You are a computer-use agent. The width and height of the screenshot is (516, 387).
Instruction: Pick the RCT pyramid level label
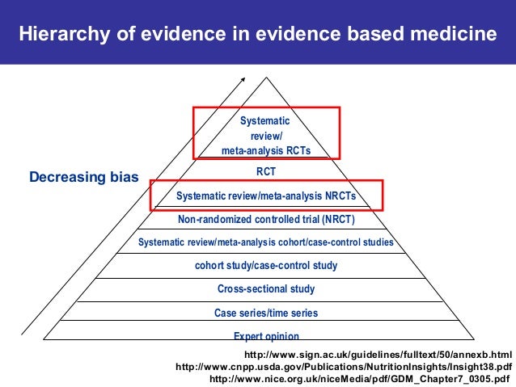pos(266,171)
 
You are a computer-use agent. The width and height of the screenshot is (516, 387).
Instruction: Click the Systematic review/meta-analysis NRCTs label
pos(266,196)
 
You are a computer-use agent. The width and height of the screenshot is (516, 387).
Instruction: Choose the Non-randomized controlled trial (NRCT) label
pos(266,219)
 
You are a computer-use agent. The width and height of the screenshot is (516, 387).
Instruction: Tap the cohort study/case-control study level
pos(266,265)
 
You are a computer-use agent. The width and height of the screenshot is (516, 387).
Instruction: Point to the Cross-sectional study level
pos(266,288)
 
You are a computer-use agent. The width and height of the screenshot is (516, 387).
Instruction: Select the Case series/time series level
pos(266,313)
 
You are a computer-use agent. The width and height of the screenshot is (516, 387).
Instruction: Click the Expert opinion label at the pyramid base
pos(266,336)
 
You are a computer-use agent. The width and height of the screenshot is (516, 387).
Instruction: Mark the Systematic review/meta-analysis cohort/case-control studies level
pos(266,242)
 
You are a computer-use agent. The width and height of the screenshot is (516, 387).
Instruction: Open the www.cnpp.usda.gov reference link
pos(344,366)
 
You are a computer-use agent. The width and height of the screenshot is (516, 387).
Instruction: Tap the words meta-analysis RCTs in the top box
pos(266,150)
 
